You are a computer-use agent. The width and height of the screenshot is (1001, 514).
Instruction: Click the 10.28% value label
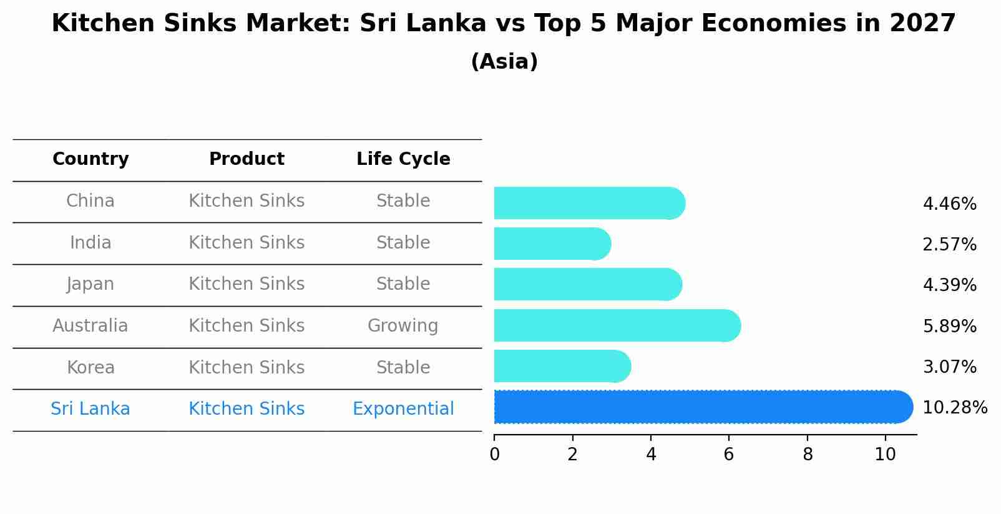pyautogui.click(x=954, y=408)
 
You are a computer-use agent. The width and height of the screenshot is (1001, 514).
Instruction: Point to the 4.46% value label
pyautogui.click(x=949, y=204)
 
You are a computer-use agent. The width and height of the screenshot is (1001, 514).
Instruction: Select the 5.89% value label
pyautogui.click(x=949, y=326)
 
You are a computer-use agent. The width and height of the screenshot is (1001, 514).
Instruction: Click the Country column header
pyautogui.click(x=90, y=159)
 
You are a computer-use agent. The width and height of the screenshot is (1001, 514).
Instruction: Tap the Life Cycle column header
pyautogui.click(x=403, y=159)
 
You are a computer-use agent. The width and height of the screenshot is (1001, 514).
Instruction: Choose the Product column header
pyautogui.click(x=247, y=159)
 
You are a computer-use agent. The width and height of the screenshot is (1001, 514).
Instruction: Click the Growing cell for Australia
pyautogui.click(x=403, y=326)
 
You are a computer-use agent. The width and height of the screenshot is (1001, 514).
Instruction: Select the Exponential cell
pyautogui.click(x=403, y=409)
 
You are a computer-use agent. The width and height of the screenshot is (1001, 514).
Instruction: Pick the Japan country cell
pyautogui.click(x=90, y=284)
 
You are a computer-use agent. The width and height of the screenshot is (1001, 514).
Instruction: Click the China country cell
pyautogui.click(x=90, y=201)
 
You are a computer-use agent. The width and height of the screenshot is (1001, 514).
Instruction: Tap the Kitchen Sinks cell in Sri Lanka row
pyautogui.click(x=247, y=409)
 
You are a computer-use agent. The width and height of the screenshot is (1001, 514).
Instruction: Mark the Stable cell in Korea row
pyautogui.click(x=403, y=367)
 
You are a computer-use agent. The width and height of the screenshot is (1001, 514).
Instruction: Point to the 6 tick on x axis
pyautogui.click(x=728, y=455)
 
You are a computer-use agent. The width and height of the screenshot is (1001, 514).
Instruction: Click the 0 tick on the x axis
pyautogui.click(x=494, y=455)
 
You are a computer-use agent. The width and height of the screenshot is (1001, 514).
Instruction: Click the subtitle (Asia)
pyautogui.click(x=504, y=62)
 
